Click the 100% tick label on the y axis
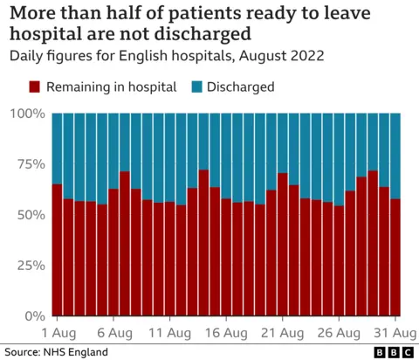click(26, 114)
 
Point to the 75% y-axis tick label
click(30, 164)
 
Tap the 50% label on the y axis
click(30, 215)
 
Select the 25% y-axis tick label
click(30, 265)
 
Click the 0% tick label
click(33, 315)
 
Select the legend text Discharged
click(240, 87)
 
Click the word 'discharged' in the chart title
click(196, 34)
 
